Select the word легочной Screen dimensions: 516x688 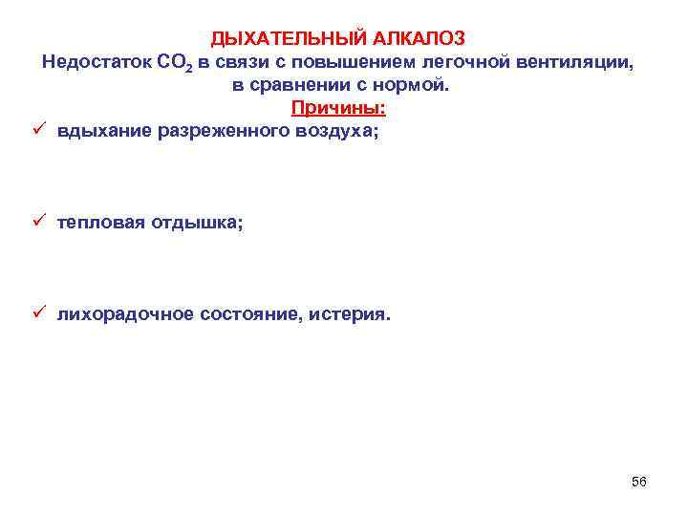tap(467, 62)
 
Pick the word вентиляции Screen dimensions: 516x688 tap(574, 62)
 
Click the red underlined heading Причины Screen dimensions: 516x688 tap(338, 108)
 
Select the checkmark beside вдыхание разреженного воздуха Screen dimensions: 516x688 tap(37, 131)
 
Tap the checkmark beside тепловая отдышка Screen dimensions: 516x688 tap(37, 223)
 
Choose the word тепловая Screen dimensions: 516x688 tap(98, 223)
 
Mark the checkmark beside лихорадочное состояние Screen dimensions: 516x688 tap(37, 314)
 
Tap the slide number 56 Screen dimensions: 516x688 tap(639, 482)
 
